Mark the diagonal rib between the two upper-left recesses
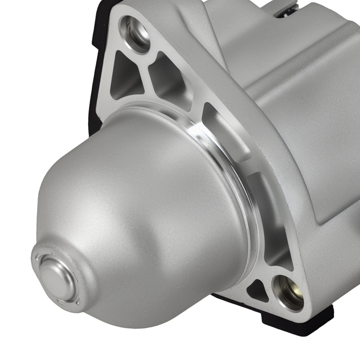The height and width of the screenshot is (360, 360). [x=144, y=76]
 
